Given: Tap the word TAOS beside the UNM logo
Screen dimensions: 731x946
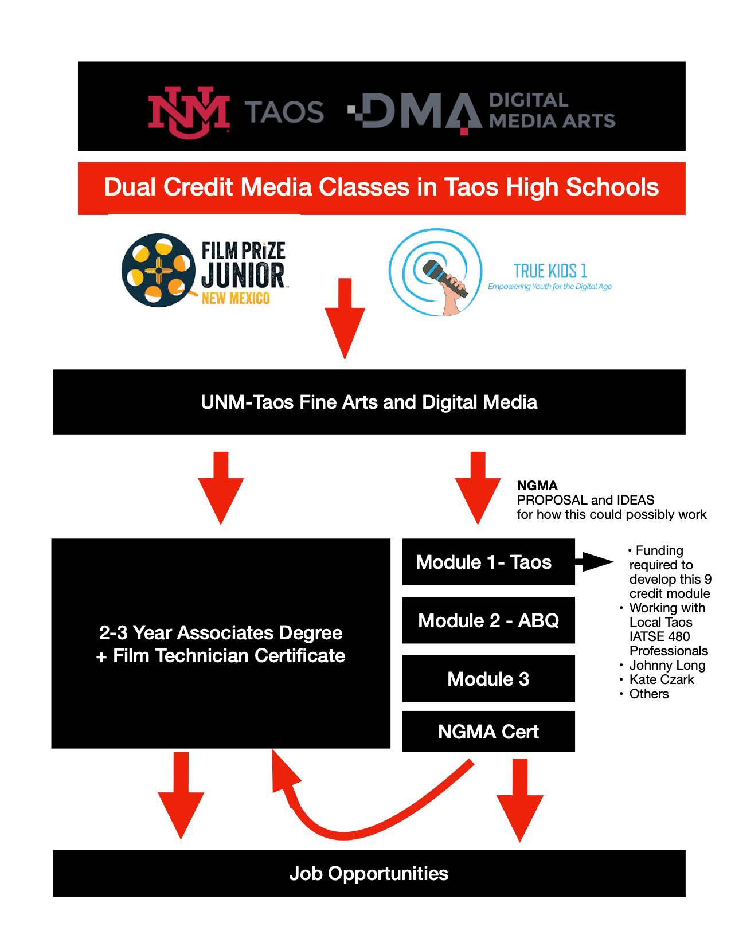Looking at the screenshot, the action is [285, 112].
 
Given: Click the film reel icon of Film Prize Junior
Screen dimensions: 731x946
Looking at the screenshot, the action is [157, 269].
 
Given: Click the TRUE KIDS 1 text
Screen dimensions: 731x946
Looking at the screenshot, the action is [550, 271].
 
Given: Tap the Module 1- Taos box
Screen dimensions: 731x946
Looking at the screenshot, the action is [488, 562].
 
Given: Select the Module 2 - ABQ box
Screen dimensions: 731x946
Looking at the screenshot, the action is [488, 620].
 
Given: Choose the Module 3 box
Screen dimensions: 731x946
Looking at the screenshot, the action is [488, 679].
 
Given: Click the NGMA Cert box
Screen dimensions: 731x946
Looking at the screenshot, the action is [488, 732].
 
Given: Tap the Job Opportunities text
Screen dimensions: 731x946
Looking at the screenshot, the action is [369, 873].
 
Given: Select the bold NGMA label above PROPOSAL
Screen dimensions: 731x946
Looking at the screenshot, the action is [537, 486].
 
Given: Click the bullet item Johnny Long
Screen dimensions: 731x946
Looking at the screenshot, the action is [667, 665].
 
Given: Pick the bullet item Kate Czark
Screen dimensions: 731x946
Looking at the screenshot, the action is [662, 679].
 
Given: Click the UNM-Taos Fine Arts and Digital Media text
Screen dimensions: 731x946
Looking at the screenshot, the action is [369, 402].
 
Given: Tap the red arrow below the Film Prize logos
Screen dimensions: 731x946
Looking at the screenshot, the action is [345, 318].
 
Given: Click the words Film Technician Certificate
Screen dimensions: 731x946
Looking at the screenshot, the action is [229, 656].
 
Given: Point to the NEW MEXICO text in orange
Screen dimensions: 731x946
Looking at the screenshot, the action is [235, 298].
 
